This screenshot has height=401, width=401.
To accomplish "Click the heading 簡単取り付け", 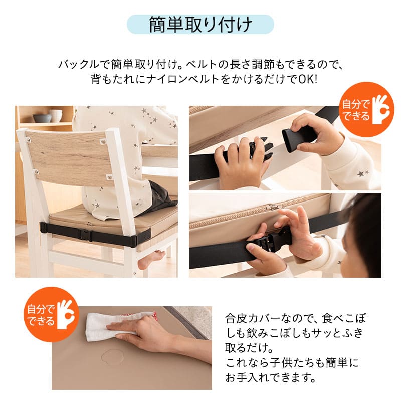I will (x=200, y=25).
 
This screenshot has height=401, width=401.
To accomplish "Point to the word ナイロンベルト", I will (x=176, y=80).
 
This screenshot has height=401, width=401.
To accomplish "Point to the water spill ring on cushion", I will (x=115, y=358).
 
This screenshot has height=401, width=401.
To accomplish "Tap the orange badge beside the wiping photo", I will (x=51, y=313).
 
